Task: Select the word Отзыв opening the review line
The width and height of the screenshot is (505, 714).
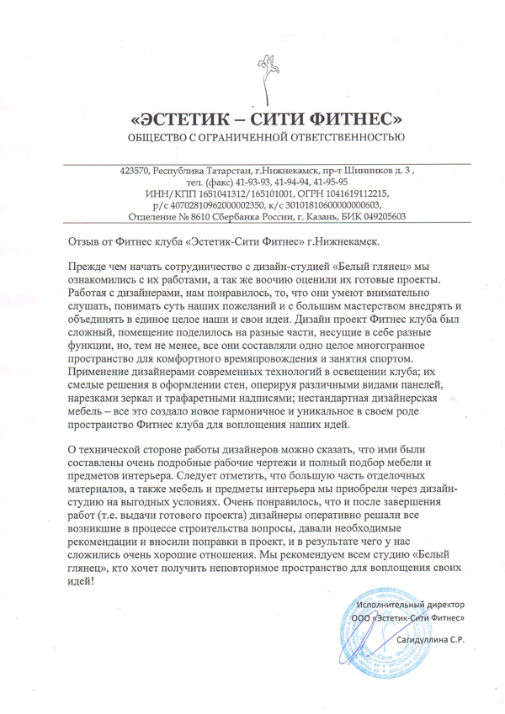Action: (84, 242)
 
